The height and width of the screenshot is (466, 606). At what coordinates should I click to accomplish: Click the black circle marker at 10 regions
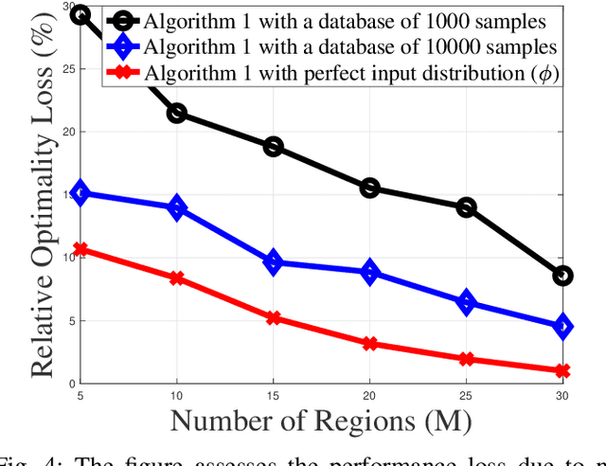tap(176, 114)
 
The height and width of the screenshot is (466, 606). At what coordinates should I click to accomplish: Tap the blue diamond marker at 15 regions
tap(273, 262)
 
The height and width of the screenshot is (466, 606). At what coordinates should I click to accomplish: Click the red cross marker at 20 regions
tap(370, 344)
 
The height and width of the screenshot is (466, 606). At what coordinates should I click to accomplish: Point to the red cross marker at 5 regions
tap(80, 250)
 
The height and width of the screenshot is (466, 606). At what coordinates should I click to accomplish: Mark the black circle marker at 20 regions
tap(370, 188)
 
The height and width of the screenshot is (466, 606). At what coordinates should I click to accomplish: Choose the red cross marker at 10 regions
tap(176, 278)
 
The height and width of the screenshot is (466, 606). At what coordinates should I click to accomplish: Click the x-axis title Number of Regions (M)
tap(322, 418)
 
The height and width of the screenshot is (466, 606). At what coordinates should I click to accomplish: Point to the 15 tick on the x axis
tap(273, 393)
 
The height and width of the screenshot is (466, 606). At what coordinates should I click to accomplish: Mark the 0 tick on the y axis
tap(68, 383)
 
